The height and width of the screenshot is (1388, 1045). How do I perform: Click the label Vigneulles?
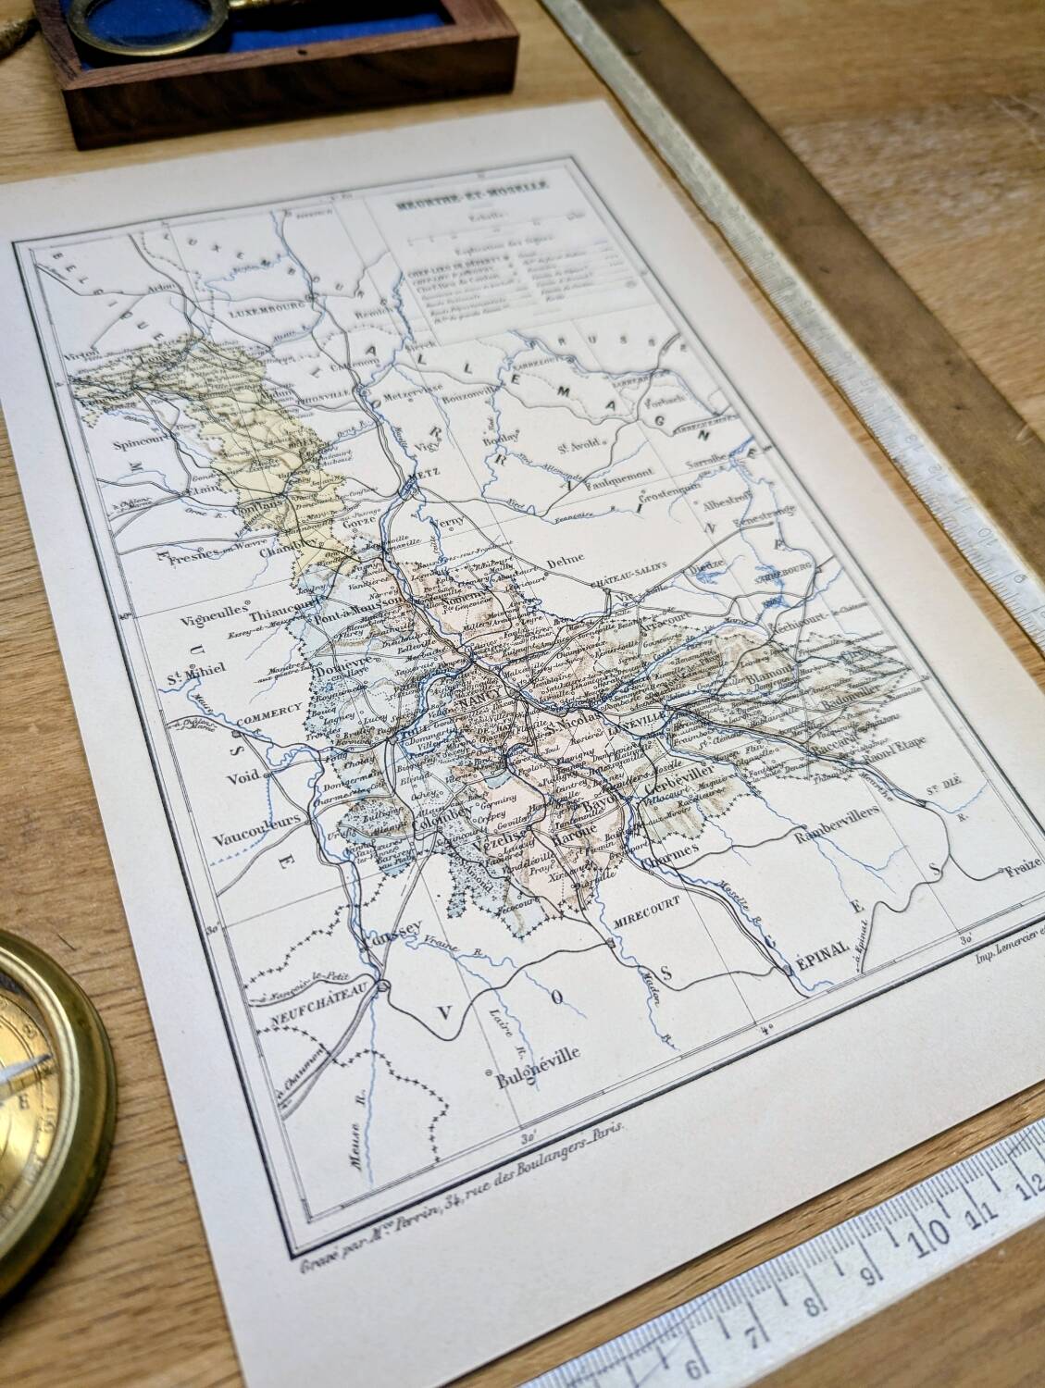[x=209, y=611]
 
